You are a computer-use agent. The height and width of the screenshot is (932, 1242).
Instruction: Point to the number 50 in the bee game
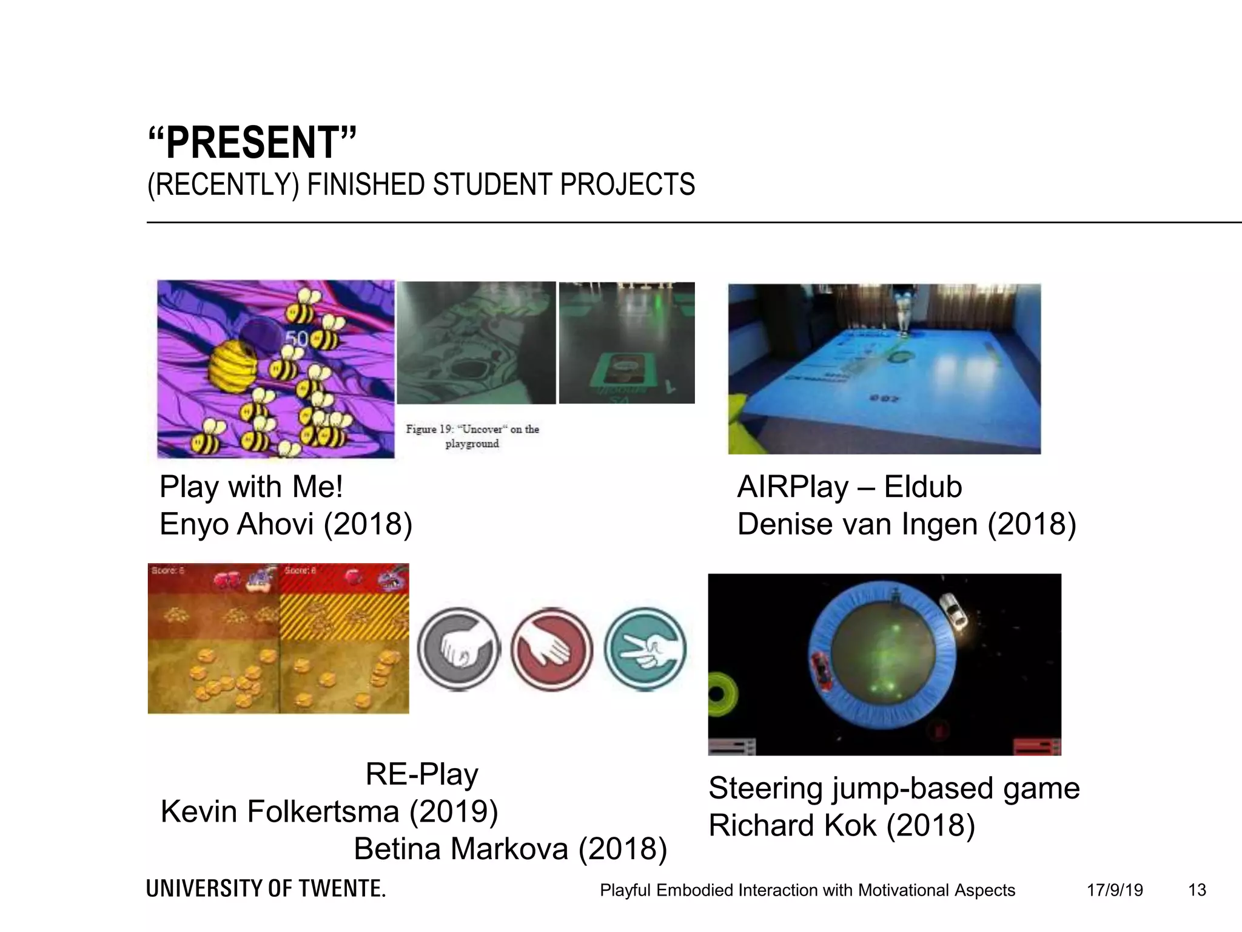[297, 339]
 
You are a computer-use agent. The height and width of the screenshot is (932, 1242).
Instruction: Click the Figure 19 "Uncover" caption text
[472, 436]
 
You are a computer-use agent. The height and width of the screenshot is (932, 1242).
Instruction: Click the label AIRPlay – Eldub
[849, 487]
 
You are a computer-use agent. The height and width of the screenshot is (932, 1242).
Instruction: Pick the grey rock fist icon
[459, 649]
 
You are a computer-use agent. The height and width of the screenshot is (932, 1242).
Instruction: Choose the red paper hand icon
[551, 649]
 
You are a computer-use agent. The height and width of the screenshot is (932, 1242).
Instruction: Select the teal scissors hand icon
[645, 649]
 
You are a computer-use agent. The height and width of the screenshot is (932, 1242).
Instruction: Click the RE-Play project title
[421, 774]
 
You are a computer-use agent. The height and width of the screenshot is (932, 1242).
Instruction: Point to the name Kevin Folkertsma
[280, 811]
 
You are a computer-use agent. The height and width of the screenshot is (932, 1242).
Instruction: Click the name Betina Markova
[461, 849]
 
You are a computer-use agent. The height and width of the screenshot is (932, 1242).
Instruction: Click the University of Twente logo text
[266, 889]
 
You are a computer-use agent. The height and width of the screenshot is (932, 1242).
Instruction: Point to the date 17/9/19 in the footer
[1115, 890]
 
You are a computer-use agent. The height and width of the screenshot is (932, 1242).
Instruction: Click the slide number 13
[1197, 890]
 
